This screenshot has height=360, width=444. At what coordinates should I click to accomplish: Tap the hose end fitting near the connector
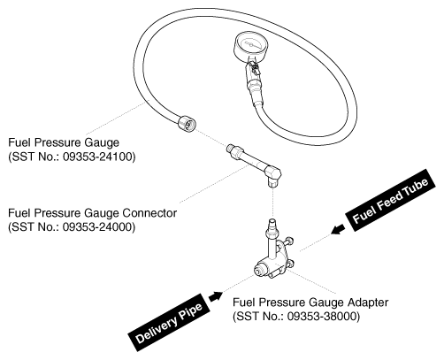pos(188,123)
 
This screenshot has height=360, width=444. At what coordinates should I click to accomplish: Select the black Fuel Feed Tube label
pos(391,200)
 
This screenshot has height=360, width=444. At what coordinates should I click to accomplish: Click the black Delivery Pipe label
pos(170,323)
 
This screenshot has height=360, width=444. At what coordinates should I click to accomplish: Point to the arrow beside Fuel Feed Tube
pos(338,229)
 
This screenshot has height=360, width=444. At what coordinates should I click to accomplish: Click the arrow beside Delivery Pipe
pos(216,296)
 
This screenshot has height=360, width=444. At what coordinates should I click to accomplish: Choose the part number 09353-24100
pos(99,157)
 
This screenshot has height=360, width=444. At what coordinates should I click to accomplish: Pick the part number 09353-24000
pos(99,227)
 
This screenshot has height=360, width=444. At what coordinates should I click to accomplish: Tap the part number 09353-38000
pos(324,317)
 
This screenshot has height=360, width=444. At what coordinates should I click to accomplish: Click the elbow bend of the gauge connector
pos(272,174)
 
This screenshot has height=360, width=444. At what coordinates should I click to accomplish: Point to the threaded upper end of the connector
pos(234,148)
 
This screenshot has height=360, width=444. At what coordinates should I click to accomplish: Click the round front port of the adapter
pos(259,270)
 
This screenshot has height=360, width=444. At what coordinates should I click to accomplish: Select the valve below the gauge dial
pos(254,69)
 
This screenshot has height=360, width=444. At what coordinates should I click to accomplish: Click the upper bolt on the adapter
pos(289,241)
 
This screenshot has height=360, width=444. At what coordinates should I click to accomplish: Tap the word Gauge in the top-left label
pos(102,142)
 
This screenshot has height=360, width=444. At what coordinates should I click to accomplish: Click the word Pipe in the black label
pos(190,312)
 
